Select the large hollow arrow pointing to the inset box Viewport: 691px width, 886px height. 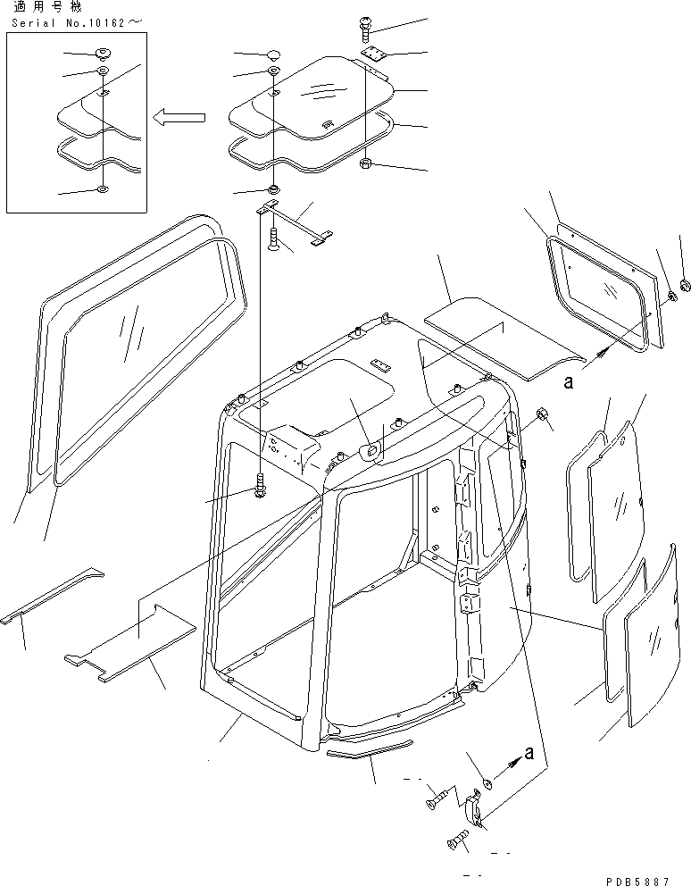[178, 116]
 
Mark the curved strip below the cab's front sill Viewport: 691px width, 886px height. [370, 749]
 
